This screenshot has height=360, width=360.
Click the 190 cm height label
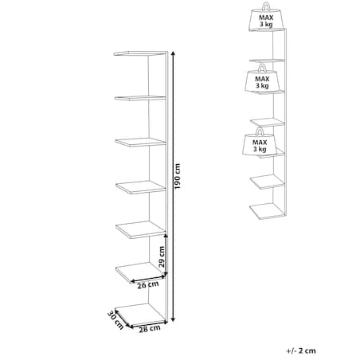[177, 176]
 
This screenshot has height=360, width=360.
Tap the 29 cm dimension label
[162, 256]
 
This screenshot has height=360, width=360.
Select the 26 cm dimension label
[148, 285]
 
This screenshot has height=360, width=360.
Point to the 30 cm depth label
[115, 320]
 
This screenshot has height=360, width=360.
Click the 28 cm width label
[150, 329]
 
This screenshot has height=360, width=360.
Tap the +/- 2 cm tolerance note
[301, 350]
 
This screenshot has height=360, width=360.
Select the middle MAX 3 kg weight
[261, 78]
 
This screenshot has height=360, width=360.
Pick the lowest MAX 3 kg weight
[259, 141]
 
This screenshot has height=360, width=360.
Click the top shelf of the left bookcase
[140, 53]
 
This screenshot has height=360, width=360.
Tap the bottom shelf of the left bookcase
[141, 315]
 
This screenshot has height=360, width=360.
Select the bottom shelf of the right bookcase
[267, 211]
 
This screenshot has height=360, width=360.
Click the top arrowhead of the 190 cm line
[173, 53]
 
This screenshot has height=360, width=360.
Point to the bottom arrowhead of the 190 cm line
[173, 319]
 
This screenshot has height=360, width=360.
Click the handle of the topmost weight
[266, 6]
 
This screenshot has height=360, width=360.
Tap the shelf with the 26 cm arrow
[141, 272]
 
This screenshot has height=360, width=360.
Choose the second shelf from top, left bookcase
[140, 98]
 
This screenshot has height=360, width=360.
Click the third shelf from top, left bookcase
[140, 142]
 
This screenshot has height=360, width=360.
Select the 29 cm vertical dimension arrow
[166, 255]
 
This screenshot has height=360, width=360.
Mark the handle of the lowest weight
[260, 131]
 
